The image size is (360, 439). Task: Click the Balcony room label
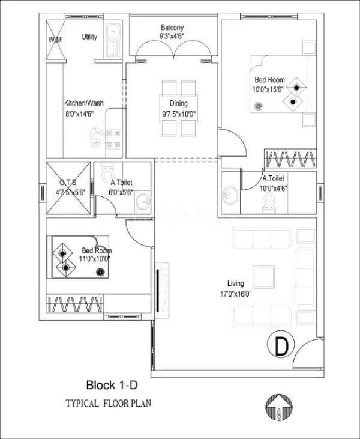[172, 28]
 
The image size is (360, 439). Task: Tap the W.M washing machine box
[55, 40]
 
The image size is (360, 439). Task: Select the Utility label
[89, 37]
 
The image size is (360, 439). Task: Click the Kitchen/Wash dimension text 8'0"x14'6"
[84, 112]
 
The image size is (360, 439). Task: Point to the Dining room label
[173, 104]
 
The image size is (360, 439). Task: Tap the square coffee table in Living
[263, 277]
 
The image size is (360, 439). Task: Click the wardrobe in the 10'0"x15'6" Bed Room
[290, 160]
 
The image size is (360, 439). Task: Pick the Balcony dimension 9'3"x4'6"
[172, 37]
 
